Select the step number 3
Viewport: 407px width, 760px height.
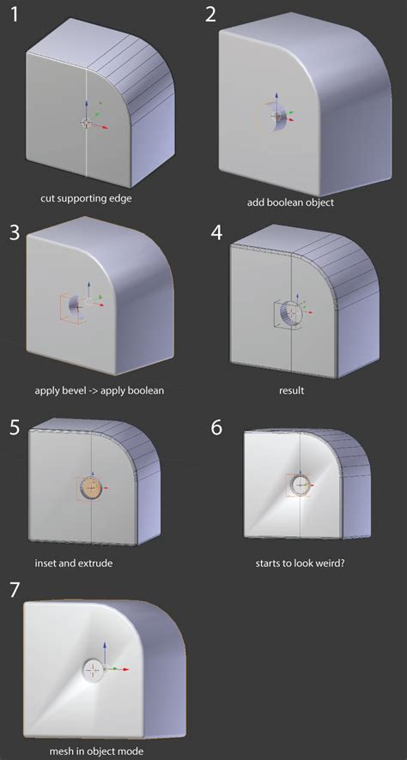15,233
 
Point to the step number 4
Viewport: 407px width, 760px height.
217,232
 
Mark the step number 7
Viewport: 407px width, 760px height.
15,590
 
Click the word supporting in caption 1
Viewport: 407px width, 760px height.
78,199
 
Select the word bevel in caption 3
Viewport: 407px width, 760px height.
71,390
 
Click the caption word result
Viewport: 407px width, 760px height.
293,390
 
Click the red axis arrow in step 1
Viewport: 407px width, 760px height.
98,125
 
